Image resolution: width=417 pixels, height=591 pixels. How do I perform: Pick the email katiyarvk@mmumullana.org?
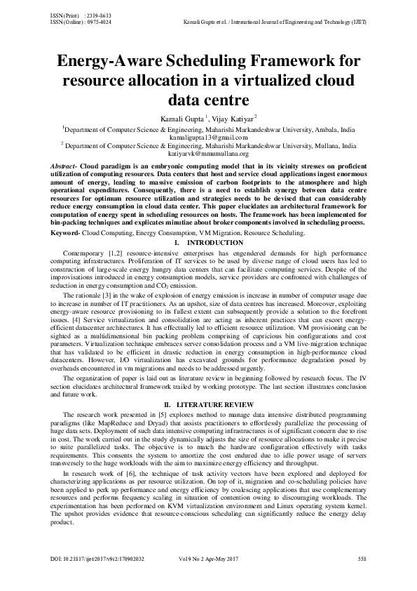click(x=209, y=152)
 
